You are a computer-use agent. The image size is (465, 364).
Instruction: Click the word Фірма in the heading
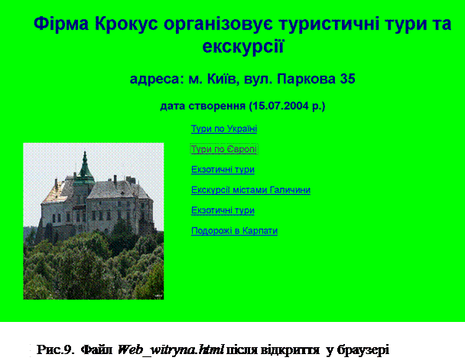61,24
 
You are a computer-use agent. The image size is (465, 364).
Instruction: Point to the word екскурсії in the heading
243,47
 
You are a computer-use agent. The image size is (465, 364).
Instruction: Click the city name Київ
223,79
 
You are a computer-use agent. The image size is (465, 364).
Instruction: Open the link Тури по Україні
224,129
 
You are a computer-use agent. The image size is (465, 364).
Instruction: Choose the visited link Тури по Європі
224,149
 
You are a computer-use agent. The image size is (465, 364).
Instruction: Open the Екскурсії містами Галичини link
251,190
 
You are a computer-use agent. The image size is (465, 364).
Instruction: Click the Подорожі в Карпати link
234,231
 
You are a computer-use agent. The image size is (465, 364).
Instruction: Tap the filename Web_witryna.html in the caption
171,350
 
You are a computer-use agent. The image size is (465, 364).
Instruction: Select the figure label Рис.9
55,350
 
